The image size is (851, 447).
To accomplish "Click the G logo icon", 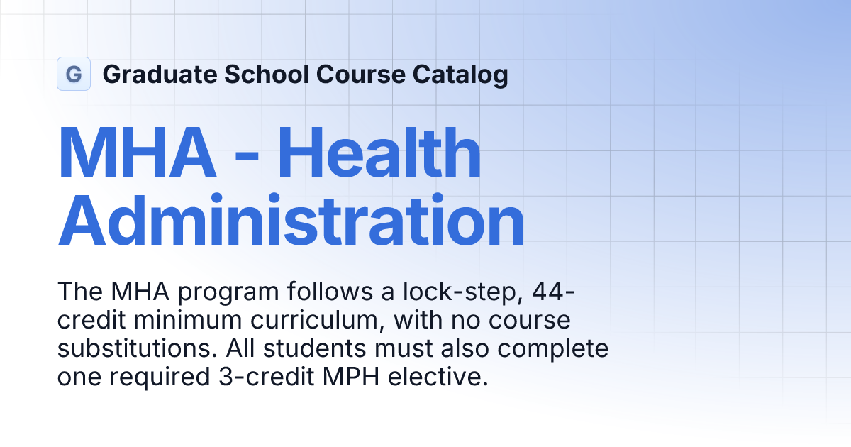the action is [x=74, y=74].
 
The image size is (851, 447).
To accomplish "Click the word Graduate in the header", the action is [x=160, y=74].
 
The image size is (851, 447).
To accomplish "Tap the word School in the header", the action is [x=267, y=74].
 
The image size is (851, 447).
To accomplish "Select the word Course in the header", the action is [x=361, y=74].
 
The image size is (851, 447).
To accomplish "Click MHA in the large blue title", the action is [x=137, y=153].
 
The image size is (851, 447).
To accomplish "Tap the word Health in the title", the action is [x=379, y=152].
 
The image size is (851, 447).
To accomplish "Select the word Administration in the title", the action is [x=291, y=220].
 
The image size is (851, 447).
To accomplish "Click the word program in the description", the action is [x=228, y=293].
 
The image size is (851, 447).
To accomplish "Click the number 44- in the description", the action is [x=554, y=292].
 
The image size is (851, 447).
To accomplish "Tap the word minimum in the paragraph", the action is [x=188, y=320].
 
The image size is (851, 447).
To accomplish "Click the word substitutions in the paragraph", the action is [x=137, y=348].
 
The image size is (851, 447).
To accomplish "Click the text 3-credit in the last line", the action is [x=267, y=377].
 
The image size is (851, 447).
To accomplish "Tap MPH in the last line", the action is [x=351, y=377].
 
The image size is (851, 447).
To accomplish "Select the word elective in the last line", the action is [x=438, y=377].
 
